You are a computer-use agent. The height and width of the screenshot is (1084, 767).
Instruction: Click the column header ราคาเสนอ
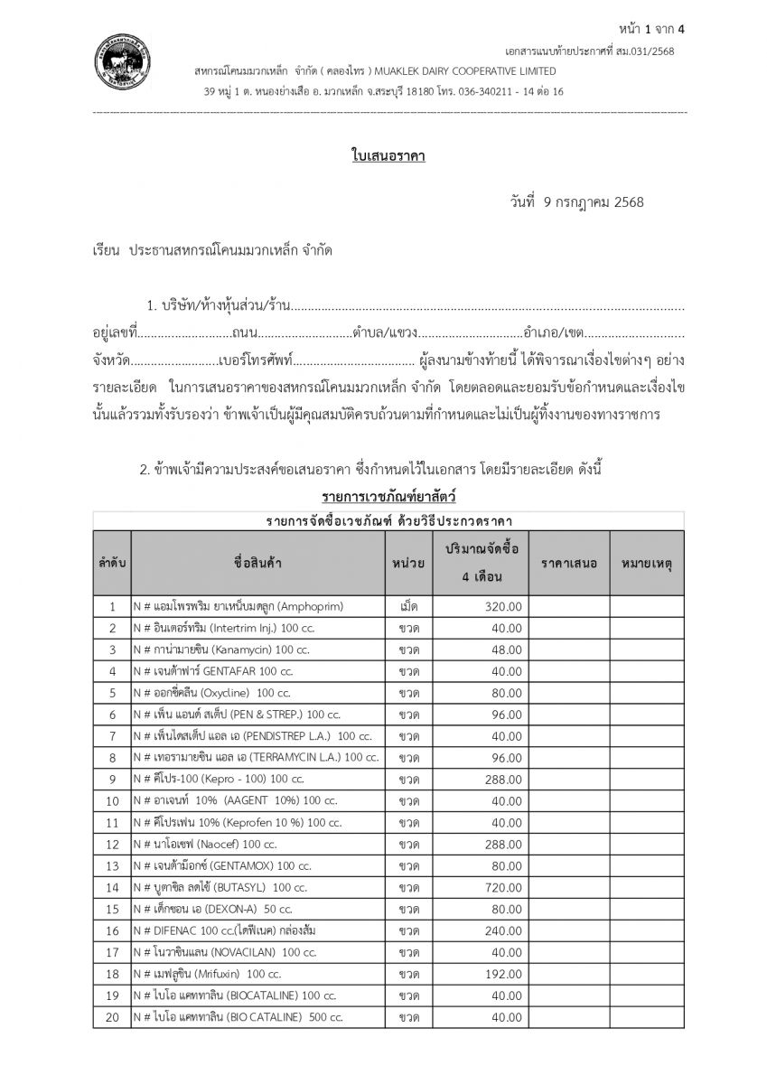click(569, 563)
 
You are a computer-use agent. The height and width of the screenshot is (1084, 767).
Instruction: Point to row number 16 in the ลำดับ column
click(112, 930)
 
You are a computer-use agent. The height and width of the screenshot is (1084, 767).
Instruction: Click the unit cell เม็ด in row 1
click(408, 606)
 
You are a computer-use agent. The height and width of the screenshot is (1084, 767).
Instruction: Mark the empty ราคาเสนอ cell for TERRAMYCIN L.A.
click(569, 757)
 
